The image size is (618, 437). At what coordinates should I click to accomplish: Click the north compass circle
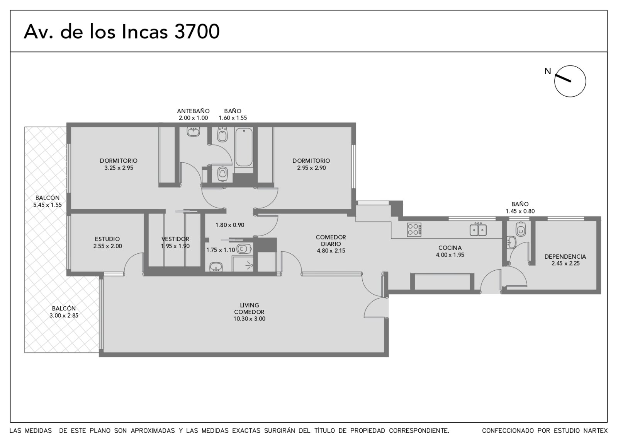570,66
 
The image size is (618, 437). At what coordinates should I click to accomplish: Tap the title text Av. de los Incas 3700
122,31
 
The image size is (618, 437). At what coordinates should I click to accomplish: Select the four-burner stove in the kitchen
414,230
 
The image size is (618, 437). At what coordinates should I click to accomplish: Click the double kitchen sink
478,230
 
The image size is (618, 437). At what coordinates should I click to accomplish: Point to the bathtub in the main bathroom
244,147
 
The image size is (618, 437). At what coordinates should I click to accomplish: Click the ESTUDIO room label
107,239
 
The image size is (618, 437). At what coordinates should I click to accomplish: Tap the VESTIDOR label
175,239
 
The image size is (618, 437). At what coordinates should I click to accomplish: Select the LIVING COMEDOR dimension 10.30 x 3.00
250,319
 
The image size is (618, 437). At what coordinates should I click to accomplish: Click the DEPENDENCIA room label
565,257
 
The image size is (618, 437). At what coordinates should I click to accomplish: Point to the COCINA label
450,248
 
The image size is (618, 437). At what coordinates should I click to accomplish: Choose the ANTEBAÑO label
193,111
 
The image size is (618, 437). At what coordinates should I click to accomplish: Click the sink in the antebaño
194,132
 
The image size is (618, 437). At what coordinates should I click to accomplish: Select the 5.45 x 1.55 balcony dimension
48,205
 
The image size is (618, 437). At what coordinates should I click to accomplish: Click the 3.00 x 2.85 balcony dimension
64,316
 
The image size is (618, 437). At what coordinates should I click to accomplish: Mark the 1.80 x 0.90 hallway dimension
230,225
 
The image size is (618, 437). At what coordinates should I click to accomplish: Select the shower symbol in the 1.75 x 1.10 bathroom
250,266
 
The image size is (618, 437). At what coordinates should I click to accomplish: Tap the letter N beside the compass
548,71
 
